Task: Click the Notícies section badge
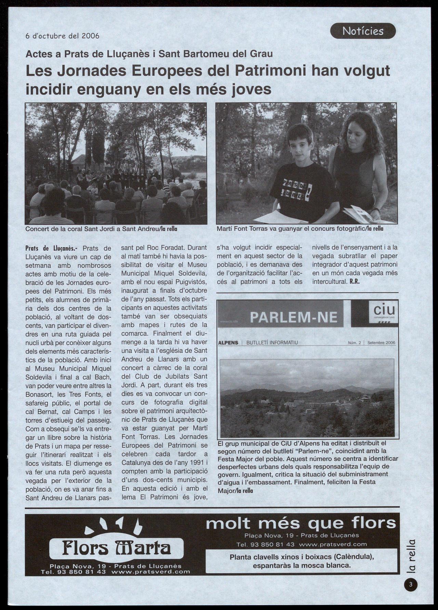pyautogui.click(x=363, y=31)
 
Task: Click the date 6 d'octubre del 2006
pyautogui.click(x=63, y=36)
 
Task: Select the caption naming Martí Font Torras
pyautogui.click(x=300, y=229)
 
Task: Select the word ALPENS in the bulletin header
pyautogui.click(x=228, y=343)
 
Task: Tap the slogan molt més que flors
pyautogui.click(x=301, y=523)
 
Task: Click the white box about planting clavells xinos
pyautogui.click(x=302, y=561)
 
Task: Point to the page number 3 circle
pyautogui.click(x=411, y=584)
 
